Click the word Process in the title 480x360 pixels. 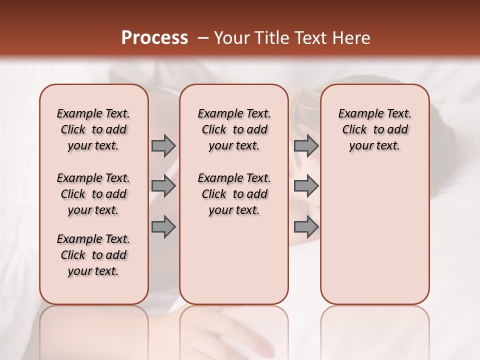pyautogui.click(x=154, y=38)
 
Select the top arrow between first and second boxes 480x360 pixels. pyautogui.click(x=163, y=145)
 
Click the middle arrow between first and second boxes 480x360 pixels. pyautogui.click(x=163, y=186)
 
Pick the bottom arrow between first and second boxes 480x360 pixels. pyautogui.click(x=163, y=227)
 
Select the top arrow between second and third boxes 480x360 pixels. pyautogui.click(x=306, y=145)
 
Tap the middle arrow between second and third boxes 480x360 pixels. pyautogui.click(x=306, y=186)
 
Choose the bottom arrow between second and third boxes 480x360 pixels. pyautogui.click(x=306, y=227)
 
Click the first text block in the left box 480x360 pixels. pyautogui.click(x=93, y=129)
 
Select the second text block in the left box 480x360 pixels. pyautogui.click(x=93, y=194)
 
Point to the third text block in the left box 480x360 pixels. pyautogui.click(x=93, y=255)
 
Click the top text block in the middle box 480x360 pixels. pyautogui.click(x=234, y=129)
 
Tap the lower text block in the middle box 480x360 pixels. pyautogui.click(x=234, y=194)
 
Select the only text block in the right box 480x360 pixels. pyautogui.click(x=374, y=129)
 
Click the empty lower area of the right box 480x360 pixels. pyautogui.click(x=374, y=240)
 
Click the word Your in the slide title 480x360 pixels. pyautogui.click(x=230, y=38)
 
